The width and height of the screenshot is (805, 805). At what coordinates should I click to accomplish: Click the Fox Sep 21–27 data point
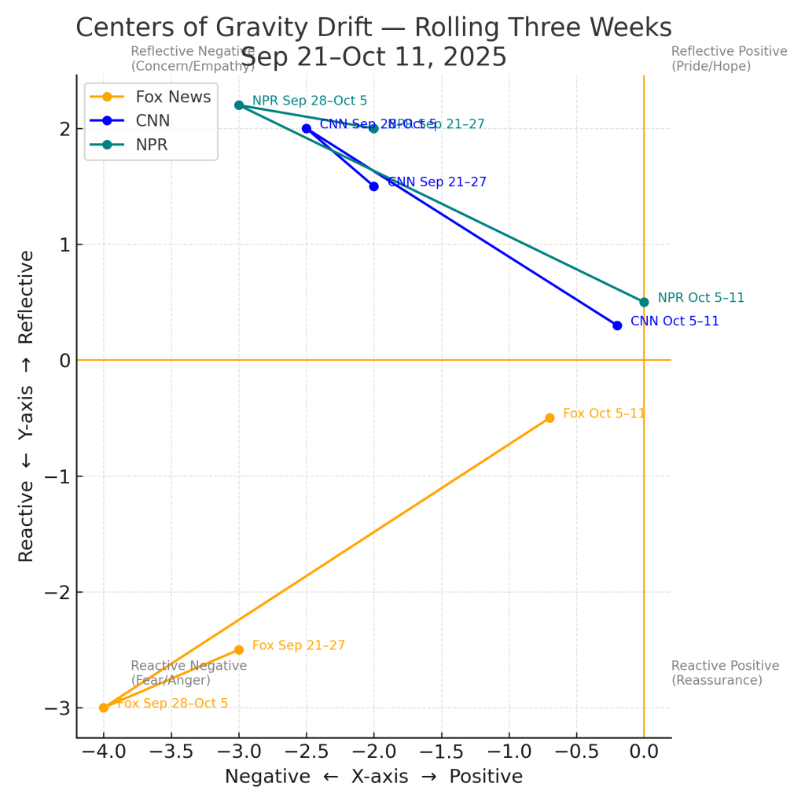click(239, 649)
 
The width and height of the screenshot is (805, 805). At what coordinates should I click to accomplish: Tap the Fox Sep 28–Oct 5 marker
click(104, 708)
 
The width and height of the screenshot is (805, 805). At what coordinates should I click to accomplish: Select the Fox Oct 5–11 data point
click(550, 417)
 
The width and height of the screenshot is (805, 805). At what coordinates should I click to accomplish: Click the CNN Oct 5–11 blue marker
click(617, 325)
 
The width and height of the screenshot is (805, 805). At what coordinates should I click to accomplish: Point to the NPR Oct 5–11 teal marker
click(644, 302)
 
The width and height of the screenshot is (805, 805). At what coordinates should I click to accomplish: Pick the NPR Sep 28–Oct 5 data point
click(239, 105)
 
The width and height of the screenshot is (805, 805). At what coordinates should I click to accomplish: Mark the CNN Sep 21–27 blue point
click(373, 186)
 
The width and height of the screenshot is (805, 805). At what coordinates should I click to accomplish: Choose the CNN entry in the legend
click(153, 120)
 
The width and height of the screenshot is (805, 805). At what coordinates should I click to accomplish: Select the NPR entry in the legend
click(153, 145)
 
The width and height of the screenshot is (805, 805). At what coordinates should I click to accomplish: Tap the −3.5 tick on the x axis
click(171, 752)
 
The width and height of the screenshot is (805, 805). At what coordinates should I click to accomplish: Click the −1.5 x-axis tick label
click(441, 752)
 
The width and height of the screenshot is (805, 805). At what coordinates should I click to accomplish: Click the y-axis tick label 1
click(65, 244)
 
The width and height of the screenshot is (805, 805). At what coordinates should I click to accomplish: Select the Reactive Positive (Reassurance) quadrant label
click(725, 673)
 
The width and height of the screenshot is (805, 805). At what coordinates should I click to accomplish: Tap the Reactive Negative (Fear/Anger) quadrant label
click(189, 673)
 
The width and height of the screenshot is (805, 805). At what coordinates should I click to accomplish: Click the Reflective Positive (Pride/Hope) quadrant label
click(729, 58)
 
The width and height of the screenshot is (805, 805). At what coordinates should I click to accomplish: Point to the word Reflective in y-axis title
click(26, 297)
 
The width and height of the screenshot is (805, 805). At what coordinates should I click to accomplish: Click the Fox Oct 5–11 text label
click(604, 413)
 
